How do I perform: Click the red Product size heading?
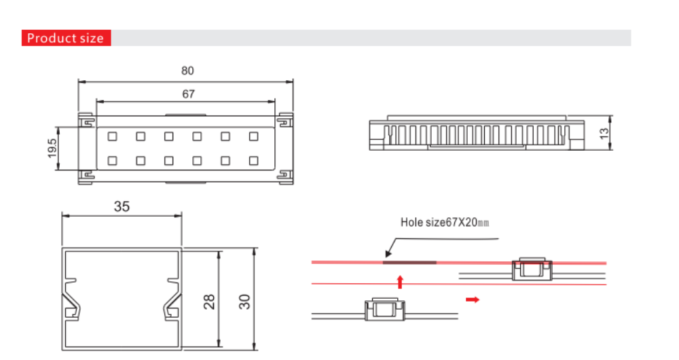coord(67,38)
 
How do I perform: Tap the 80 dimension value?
coord(187,71)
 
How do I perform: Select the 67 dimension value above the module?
coord(188,94)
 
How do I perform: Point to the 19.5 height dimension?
coord(52,148)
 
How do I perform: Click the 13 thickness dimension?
coord(604,133)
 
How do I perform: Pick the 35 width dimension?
coord(122,206)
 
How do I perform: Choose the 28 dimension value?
coord(209,302)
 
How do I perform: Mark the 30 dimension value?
coord(244,302)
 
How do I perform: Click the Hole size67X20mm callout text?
coord(445,223)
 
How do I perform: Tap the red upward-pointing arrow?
coord(400,282)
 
